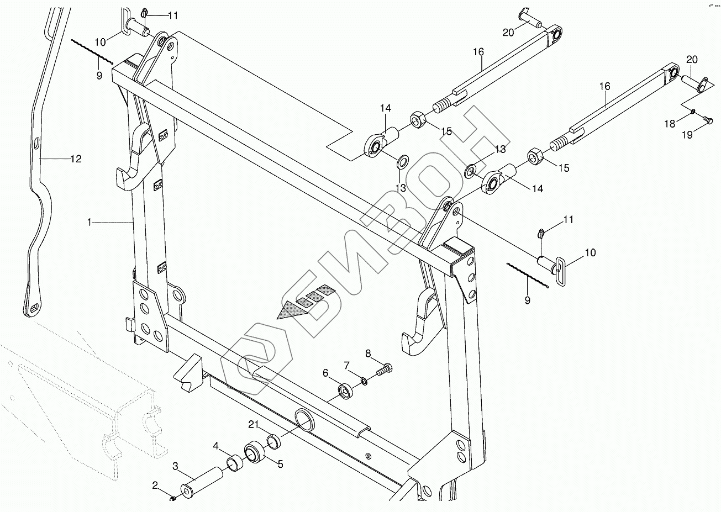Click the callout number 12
coord(76,159)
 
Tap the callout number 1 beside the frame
coord(89,222)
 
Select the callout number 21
coord(254,424)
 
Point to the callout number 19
coord(687,134)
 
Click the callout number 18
coord(670,124)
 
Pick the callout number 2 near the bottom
coord(155,485)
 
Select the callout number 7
coord(347,365)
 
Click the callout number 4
coord(216,445)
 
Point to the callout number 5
coord(280,465)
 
